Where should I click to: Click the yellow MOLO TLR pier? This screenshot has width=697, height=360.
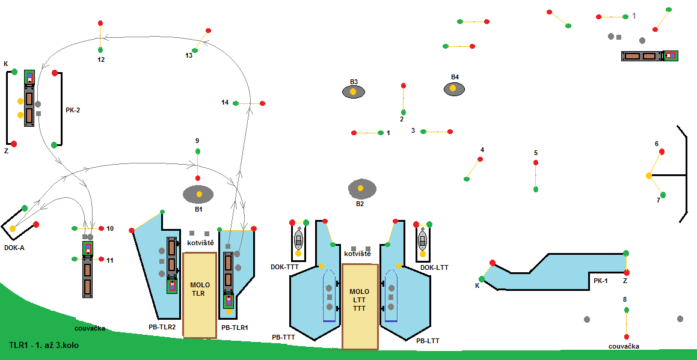199,294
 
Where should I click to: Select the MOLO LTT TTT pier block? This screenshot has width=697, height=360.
360,306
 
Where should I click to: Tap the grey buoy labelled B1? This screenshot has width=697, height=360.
198,194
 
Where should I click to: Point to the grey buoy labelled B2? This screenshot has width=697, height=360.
361,189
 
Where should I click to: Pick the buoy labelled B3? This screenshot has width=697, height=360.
353,92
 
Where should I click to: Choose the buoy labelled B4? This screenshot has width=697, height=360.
454,89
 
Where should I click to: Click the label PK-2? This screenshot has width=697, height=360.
73,110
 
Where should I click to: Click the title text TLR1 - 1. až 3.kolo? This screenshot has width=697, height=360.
44,346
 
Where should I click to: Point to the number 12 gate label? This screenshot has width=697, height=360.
100,59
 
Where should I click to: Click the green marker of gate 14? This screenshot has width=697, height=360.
236,103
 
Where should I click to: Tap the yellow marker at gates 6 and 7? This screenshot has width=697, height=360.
649,175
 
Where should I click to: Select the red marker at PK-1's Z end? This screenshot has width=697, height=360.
626,272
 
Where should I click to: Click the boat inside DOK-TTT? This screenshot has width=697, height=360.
298,240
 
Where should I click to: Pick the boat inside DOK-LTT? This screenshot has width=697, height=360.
423,240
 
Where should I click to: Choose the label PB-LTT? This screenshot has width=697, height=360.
428,341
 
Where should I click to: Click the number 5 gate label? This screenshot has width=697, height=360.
535,153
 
